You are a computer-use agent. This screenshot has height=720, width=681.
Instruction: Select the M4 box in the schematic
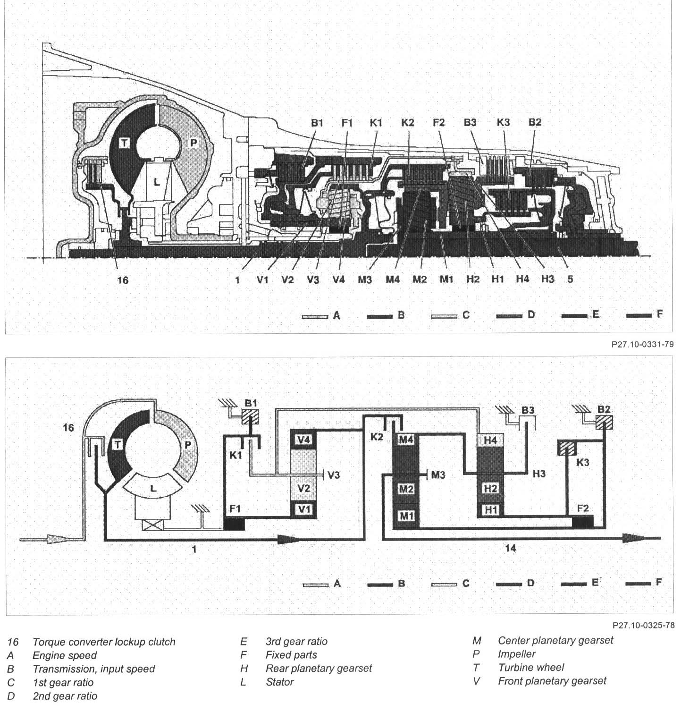click(406, 439)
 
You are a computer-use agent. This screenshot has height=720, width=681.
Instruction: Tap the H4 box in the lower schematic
click(491, 440)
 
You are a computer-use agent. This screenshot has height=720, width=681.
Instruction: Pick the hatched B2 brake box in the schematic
click(603, 422)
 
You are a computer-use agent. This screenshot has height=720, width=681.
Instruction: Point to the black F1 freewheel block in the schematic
click(234, 524)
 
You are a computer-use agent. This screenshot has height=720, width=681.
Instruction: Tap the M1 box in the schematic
click(406, 516)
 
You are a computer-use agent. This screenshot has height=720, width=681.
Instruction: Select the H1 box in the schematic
click(491, 510)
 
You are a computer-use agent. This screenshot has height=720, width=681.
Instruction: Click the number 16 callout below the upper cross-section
click(122, 280)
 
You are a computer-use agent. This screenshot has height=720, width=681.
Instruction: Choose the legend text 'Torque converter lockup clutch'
click(104, 642)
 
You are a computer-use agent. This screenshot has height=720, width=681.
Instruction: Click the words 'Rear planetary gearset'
click(319, 669)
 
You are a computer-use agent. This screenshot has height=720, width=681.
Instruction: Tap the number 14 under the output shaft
click(511, 548)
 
